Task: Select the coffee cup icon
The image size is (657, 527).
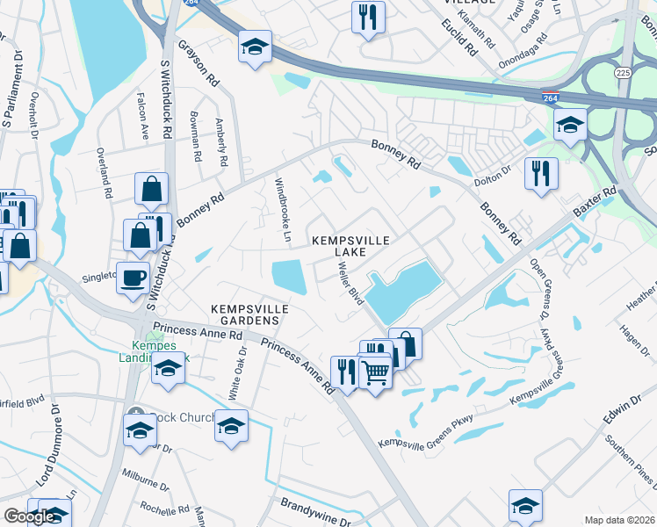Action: pyautogui.click(x=133, y=278)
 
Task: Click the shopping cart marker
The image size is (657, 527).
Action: pyautogui.click(x=375, y=372)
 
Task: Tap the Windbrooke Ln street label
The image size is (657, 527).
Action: pyautogui.click(x=283, y=210)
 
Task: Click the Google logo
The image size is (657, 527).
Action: pyautogui.click(x=29, y=516)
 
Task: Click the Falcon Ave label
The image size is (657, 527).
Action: pyautogui.click(x=142, y=115)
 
